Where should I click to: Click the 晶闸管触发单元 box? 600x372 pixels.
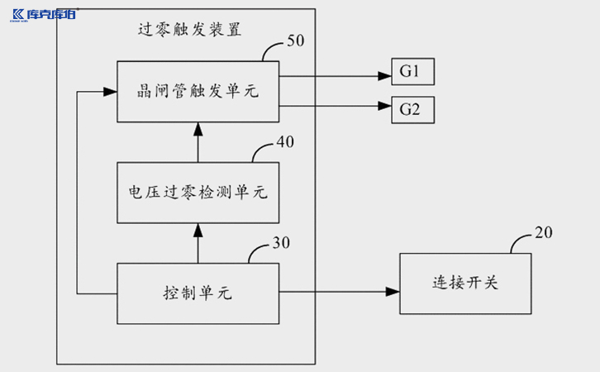(198, 90)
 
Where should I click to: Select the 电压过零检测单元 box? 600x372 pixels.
(198, 192)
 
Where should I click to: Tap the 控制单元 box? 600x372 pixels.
(198, 293)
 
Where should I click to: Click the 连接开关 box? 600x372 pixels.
(465, 284)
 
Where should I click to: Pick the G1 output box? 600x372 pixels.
(411, 73)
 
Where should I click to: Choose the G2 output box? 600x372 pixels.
(411, 108)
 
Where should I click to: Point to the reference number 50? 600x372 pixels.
(295, 41)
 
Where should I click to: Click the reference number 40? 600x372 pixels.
(284, 141)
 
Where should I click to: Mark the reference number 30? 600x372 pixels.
(282, 243)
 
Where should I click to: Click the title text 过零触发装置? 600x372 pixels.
(189, 31)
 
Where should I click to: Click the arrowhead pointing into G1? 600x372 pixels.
(385, 76)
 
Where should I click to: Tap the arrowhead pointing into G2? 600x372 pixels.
(385, 106)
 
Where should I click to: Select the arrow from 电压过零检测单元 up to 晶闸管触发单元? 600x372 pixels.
(198, 141)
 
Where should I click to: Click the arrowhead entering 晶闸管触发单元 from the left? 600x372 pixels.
(110, 90)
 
